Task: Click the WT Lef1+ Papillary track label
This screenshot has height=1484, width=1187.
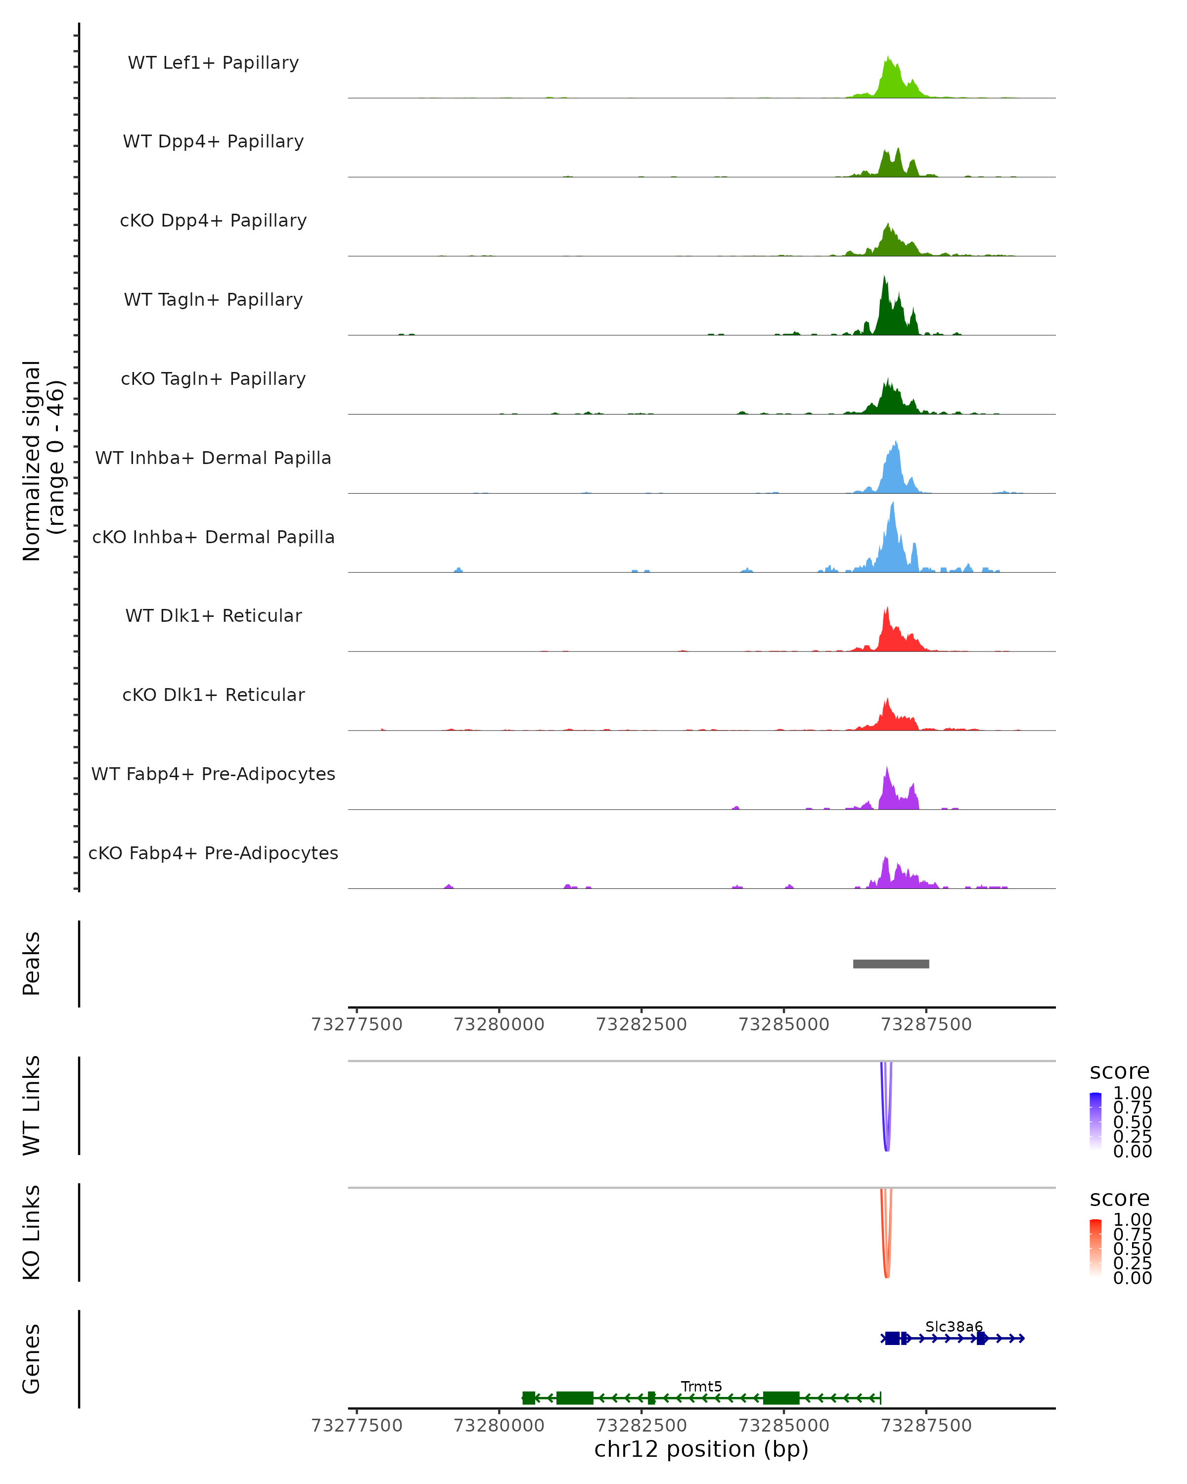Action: (213, 63)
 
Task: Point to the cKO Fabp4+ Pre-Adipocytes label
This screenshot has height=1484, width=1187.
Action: (213, 853)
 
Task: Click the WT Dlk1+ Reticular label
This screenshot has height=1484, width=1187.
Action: (213, 616)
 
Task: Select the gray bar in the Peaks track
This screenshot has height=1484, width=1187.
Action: (891, 964)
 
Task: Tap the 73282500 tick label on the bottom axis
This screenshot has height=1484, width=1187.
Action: (641, 1426)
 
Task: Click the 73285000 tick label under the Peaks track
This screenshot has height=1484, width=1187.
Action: (784, 1025)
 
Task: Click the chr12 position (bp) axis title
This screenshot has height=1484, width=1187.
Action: (701, 1449)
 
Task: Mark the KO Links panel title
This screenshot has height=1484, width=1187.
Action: (32, 1232)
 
